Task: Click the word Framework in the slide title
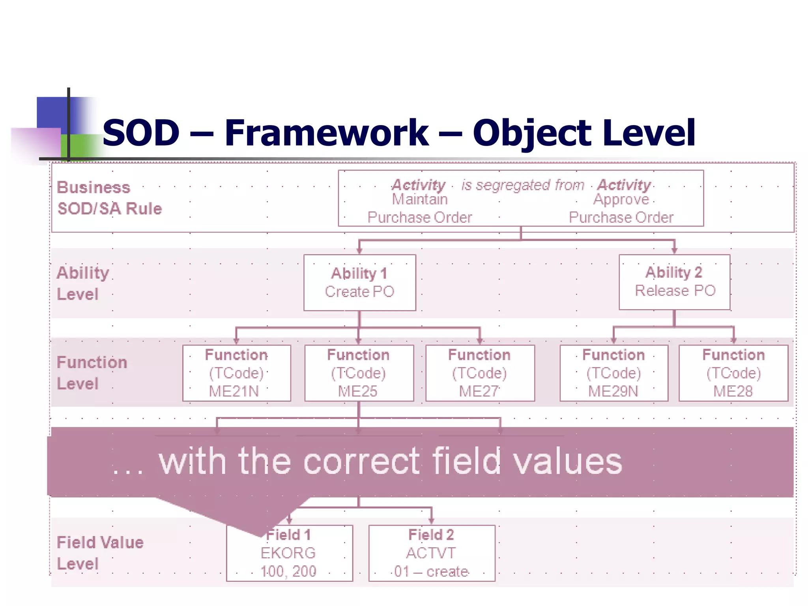click(326, 133)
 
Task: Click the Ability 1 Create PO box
click(359, 282)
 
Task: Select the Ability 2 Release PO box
click(674, 282)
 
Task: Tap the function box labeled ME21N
click(236, 373)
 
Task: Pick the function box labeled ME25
click(359, 373)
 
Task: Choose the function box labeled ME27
click(480, 373)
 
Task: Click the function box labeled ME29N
click(613, 373)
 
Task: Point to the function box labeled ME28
click(733, 373)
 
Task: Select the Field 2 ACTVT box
click(431, 553)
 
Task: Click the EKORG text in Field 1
click(288, 553)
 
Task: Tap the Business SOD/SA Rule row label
click(109, 198)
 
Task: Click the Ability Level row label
click(82, 283)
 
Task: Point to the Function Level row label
click(92, 373)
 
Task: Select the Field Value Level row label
click(99, 553)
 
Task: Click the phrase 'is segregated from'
click(522, 185)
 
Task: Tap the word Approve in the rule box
click(621, 200)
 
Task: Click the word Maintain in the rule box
click(419, 200)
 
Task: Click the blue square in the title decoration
click(52, 112)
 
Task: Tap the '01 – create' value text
click(431, 571)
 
